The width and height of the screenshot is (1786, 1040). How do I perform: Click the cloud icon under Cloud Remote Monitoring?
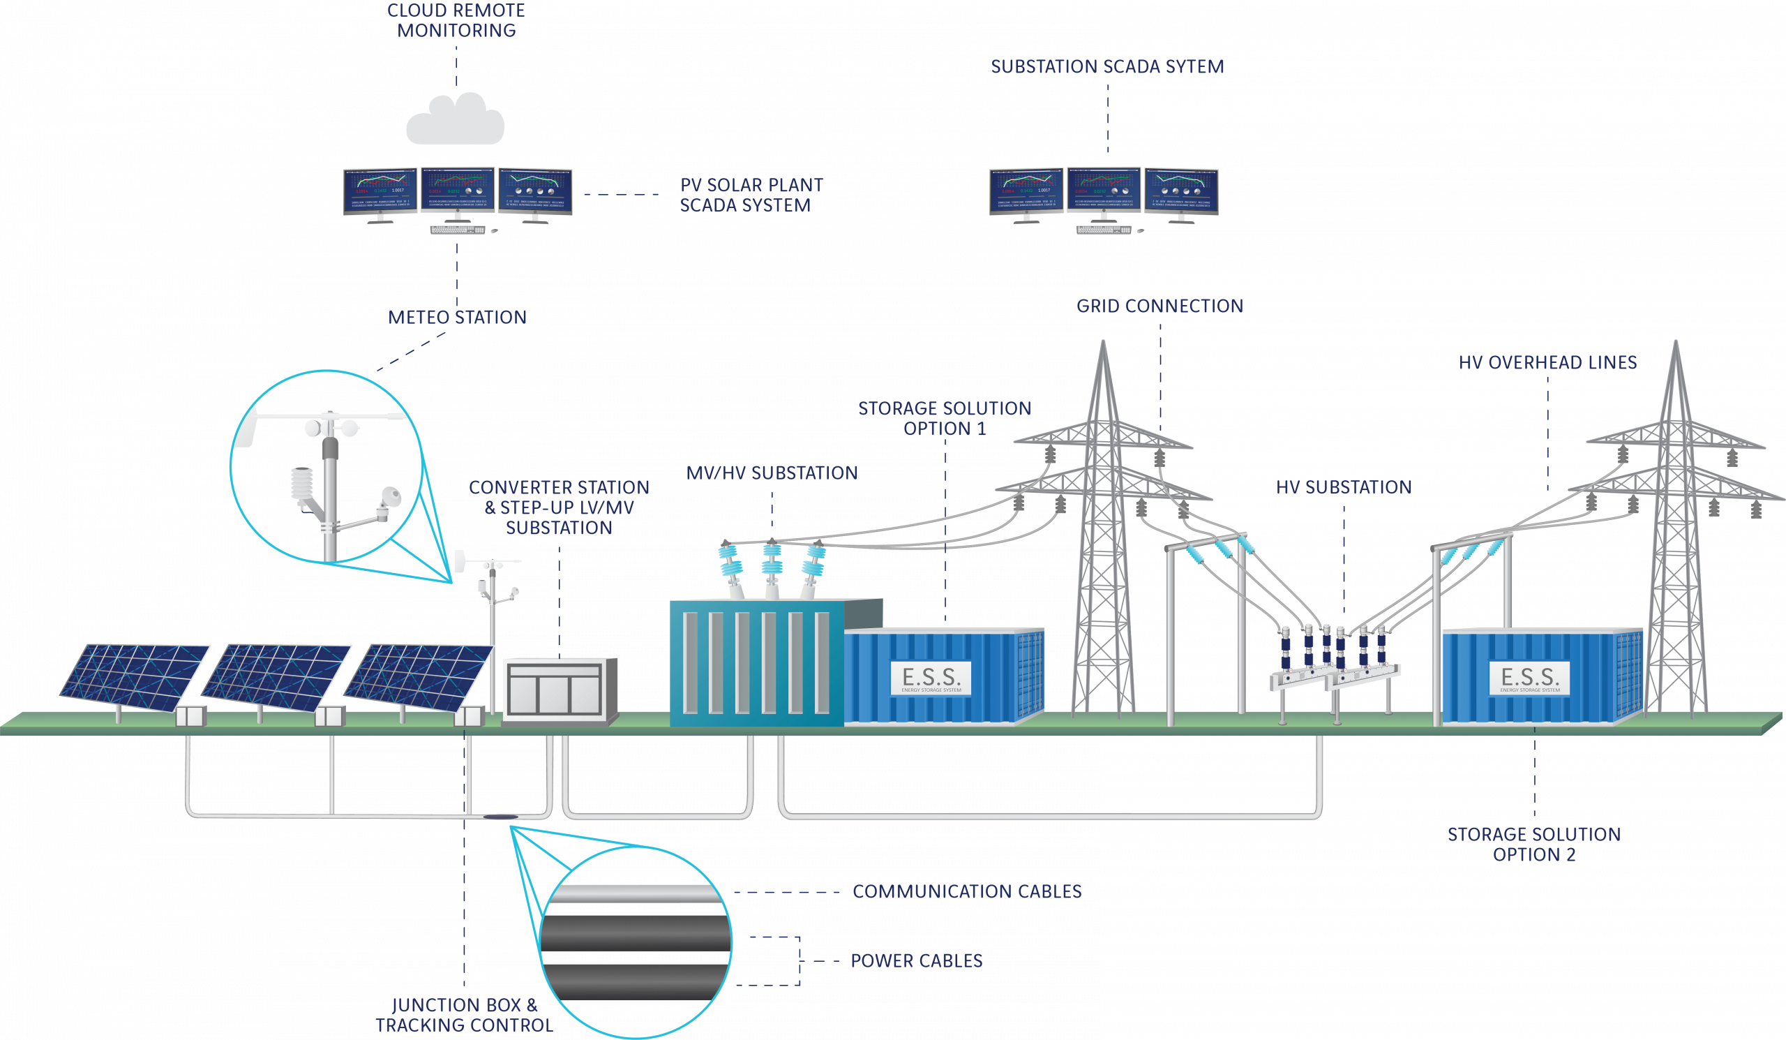(456, 120)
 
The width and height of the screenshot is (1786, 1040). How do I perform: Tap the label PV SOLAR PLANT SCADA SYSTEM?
(751, 195)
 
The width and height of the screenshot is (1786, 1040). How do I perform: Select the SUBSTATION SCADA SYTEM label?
(1107, 66)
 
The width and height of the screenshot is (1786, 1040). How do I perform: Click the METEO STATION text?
(457, 317)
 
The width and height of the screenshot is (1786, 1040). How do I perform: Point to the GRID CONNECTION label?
(1160, 306)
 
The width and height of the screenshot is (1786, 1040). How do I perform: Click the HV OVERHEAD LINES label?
(1547, 363)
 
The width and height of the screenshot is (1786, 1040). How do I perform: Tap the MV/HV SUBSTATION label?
(772, 473)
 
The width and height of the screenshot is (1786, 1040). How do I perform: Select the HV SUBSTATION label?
(1344, 488)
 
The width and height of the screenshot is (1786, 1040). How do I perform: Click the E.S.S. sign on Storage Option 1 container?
(931, 678)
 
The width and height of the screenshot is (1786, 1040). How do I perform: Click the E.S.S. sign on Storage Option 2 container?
(1529, 678)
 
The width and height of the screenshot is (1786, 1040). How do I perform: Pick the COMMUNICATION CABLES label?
(967, 892)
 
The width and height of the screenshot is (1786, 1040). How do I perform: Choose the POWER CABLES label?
(917, 961)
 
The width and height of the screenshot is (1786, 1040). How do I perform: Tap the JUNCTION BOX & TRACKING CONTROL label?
(464, 1015)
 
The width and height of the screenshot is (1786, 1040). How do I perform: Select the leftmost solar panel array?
(134, 677)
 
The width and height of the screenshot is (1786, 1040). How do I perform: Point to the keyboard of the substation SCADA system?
(1104, 230)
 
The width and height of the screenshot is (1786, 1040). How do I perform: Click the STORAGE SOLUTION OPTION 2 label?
(1533, 845)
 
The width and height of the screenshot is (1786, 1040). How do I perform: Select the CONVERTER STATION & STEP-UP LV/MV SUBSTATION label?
(560, 507)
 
